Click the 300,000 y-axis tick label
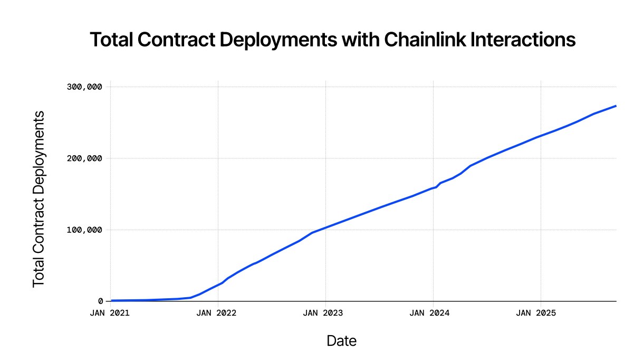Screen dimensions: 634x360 (x=84, y=87)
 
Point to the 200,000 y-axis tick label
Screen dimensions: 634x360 (x=84, y=158)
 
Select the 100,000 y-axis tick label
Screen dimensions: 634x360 (x=84, y=230)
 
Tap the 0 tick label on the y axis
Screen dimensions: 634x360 (x=100, y=301)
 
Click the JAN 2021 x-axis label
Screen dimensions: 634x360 (x=110, y=313)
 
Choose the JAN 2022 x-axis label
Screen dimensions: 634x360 (x=217, y=313)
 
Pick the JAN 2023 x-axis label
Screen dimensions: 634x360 (x=323, y=313)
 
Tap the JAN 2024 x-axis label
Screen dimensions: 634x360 (x=430, y=313)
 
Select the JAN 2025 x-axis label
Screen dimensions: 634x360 (x=536, y=313)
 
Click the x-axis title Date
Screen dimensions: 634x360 (x=342, y=341)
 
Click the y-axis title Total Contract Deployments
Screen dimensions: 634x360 (x=39, y=199)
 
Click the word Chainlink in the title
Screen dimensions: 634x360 (x=425, y=40)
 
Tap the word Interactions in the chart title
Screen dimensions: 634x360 (x=523, y=40)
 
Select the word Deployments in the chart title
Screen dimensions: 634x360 (x=278, y=40)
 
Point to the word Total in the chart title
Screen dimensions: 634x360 (x=111, y=40)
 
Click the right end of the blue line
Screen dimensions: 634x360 (x=616, y=106)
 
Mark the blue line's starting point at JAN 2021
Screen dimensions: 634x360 (x=111, y=300)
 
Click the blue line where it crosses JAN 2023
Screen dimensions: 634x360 (x=325, y=228)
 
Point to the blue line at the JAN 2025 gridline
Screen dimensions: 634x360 (x=541, y=136)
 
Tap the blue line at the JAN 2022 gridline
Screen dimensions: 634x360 (x=218, y=285)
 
